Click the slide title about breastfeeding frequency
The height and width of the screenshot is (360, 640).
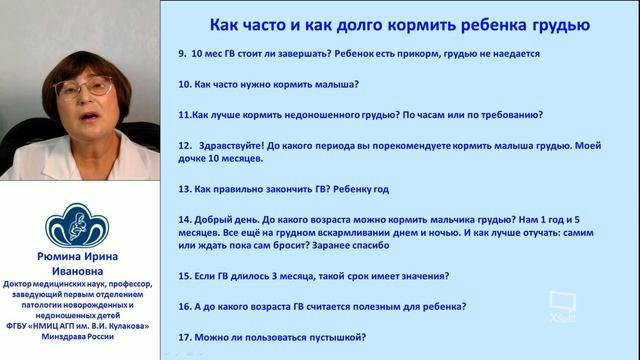(x=404, y=23)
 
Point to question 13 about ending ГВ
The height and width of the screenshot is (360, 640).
(x=300, y=188)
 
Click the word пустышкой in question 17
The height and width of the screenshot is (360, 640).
(x=331, y=337)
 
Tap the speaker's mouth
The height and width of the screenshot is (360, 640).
(x=83, y=116)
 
